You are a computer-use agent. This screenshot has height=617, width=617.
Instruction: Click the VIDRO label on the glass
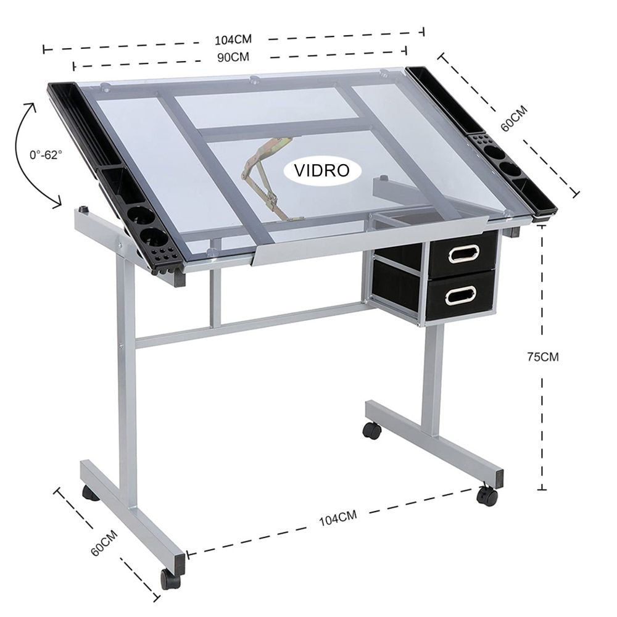pyautogui.click(x=322, y=171)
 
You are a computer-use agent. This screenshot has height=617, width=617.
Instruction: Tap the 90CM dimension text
pyautogui.click(x=233, y=57)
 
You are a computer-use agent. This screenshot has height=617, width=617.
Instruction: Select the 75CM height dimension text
pyautogui.click(x=542, y=357)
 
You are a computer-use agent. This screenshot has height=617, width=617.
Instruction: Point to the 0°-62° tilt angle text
pyautogui.click(x=46, y=155)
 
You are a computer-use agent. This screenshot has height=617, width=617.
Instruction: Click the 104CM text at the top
pyautogui.click(x=233, y=39)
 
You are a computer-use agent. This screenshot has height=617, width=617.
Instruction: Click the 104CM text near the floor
pyautogui.click(x=337, y=518)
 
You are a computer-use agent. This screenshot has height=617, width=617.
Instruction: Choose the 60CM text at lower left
pyautogui.click(x=104, y=543)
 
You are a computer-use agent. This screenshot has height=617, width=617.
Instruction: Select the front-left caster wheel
pyautogui.click(x=170, y=579)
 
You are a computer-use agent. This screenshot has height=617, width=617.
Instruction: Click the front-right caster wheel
pyautogui.click(x=487, y=496)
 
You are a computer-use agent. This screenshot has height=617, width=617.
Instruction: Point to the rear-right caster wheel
pyautogui.click(x=371, y=431)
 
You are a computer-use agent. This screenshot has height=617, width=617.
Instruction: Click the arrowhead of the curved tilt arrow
pyautogui.click(x=57, y=202)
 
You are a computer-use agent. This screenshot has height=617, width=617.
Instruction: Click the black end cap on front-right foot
pyautogui.click(x=499, y=479)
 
